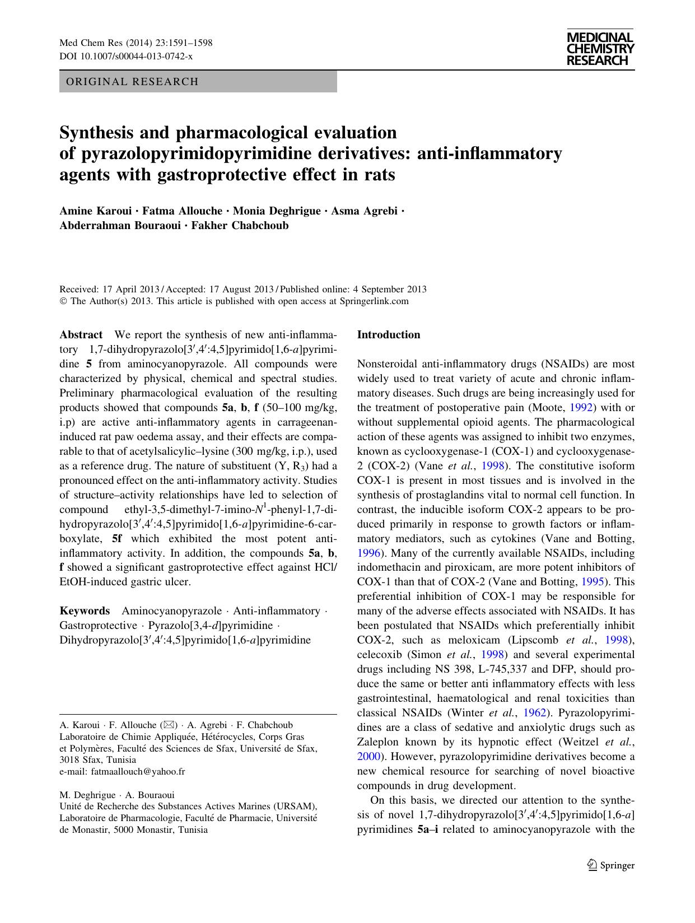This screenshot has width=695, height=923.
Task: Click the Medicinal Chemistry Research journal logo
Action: [x=600, y=49]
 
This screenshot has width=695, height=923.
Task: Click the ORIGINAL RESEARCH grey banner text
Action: [x=132, y=82]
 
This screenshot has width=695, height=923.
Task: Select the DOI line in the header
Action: [x=126, y=57]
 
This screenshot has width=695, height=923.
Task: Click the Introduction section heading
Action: [x=388, y=335]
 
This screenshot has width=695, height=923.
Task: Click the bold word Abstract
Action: [x=81, y=335]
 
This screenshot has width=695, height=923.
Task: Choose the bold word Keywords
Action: [x=85, y=610]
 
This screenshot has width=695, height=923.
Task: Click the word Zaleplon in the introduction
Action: [x=379, y=742]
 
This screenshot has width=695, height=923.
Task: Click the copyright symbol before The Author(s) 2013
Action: [x=63, y=301]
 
